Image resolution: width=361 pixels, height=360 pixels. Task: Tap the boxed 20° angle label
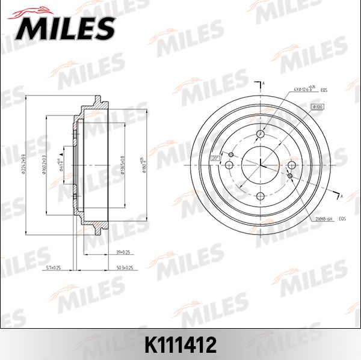(215, 158)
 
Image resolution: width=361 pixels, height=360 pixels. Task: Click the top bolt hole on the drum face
(261, 134)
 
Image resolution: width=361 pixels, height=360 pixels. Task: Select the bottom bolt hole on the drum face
(261, 197)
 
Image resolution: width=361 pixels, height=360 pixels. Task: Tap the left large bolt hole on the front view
(230, 165)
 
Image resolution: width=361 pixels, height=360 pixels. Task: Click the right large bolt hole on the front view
(292, 165)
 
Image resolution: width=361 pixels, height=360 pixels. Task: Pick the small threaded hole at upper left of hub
(228, 154)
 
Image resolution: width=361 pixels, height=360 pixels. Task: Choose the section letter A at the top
(264, 82)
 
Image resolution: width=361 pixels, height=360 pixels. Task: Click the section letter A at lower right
(341, 196)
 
